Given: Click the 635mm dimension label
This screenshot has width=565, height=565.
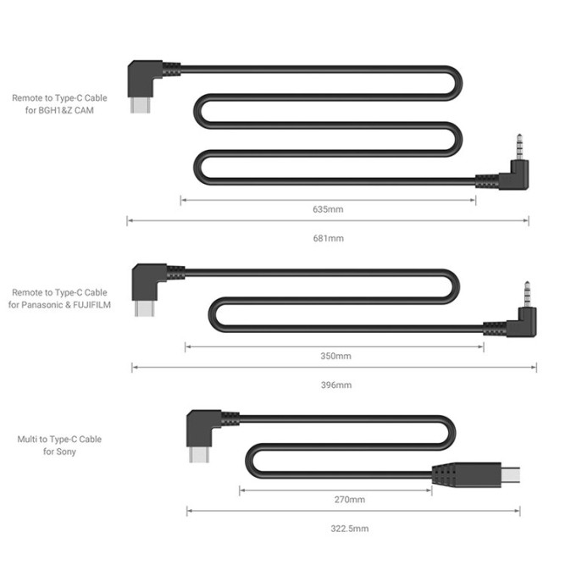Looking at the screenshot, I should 329,208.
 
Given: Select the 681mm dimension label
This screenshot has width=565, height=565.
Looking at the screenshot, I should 329,239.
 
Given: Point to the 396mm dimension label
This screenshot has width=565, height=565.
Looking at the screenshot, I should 335,385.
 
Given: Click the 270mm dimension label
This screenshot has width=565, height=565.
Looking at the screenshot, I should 336,499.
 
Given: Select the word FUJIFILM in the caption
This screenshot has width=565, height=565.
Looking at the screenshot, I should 105,303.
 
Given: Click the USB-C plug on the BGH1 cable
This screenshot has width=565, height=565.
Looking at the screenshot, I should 140,106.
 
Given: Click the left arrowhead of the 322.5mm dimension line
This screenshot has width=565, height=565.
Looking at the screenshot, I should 189,511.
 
